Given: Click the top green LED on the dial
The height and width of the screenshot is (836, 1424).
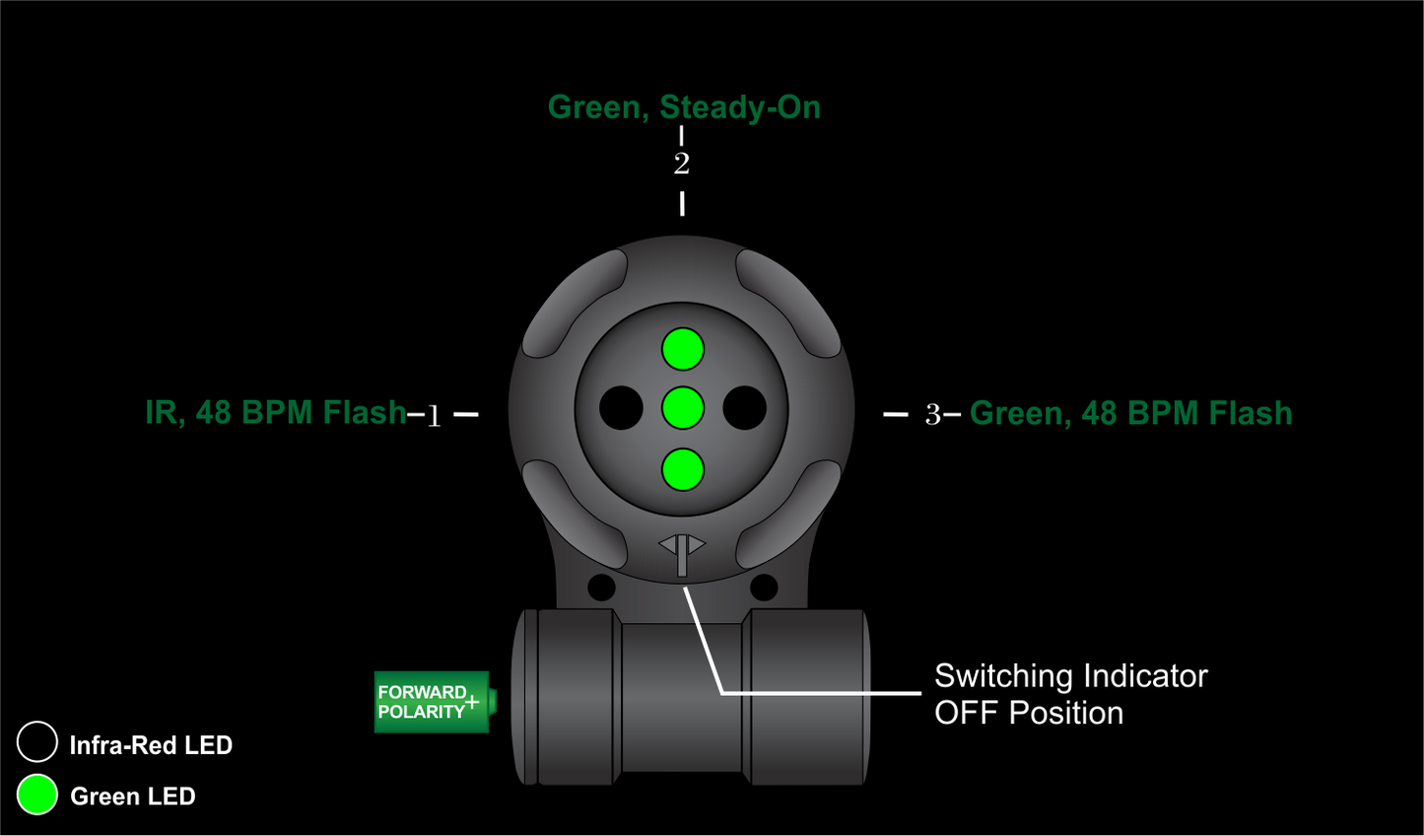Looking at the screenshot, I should [x=683, y=349].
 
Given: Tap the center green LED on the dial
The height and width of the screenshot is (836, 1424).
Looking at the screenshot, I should [x=683, y=408].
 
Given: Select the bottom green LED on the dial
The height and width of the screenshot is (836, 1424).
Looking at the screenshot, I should [x=683, y=469].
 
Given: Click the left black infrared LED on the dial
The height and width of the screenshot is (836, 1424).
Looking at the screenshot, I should [x=621, y=408].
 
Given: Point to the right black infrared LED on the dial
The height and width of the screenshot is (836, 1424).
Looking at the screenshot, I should [x=745, y=408].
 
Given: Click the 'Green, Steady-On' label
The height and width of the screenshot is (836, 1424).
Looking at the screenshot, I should [x=684, y=106].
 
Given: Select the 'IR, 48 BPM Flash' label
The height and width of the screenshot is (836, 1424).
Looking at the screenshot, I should [x=276, y=412].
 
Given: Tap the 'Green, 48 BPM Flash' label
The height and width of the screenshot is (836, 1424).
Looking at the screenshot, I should [x=1130, y=413].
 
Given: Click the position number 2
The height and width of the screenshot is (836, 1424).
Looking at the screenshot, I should [x=682, y=164].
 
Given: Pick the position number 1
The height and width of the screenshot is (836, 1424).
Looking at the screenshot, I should [x=434, y=416].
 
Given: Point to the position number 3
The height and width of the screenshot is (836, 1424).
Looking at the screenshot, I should [x=932, y=415].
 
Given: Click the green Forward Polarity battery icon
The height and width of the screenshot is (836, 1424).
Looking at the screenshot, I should [x=432, y=702].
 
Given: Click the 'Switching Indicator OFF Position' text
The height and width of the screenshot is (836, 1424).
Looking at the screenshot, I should [x=1070, y=694].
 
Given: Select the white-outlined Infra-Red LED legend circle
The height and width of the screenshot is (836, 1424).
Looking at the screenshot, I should [x=37, y=742].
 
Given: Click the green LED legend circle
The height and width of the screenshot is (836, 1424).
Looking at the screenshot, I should [x=37, y=795].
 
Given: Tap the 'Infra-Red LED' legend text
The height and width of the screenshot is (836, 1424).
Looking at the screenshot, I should [x=151, y=745].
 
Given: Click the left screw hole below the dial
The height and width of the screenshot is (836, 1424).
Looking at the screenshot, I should [x=601, y=588].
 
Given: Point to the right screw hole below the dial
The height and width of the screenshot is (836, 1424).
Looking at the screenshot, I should [x=764, y=588].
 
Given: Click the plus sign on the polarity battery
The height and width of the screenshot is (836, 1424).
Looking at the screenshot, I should [x=472, y=702].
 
